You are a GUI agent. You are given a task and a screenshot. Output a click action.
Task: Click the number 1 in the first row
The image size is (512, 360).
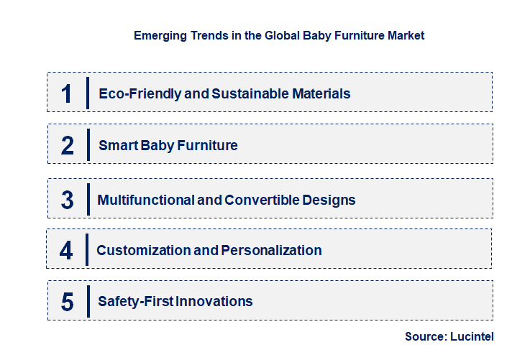[x=67, y=93]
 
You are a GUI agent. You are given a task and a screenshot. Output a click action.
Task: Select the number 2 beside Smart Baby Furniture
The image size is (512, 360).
[x=68, y=146]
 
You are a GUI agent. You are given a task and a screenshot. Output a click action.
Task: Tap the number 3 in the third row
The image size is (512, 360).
[x=68, y=200]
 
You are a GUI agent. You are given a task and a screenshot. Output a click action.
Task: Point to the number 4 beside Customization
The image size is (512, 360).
[x=66, y=250]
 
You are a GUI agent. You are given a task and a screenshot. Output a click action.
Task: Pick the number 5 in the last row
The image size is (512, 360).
[x=68, y=302]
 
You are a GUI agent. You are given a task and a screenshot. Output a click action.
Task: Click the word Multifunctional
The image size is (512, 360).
[x=145, y=200]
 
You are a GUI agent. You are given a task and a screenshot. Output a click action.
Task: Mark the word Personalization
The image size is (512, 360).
[x=271, y=250]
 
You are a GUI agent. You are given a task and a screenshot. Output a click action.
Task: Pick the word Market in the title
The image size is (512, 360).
[x=406, y=34]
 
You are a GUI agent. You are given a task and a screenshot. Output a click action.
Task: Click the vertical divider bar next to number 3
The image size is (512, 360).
[x=88, y=198]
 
